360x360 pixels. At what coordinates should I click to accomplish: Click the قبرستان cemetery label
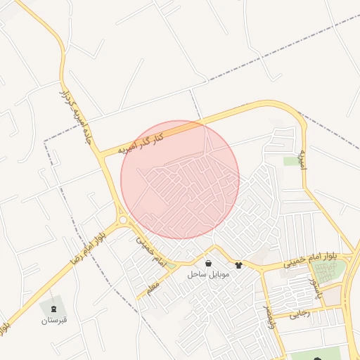click(x=53, y=320)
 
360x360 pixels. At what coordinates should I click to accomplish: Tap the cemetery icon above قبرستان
click(x=53, y=308)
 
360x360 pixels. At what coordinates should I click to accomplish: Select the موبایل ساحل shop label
click(x=208, y=274)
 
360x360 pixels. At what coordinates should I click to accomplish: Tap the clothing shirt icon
click(x=238, y=265)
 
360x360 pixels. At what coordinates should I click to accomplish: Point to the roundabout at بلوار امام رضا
click(x=123, y=220)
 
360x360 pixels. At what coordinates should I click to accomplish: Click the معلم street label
click(x=153, y=288)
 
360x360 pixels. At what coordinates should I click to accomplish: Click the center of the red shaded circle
click(x=180, y=180)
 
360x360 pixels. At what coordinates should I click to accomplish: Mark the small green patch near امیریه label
click(x=290, y=161)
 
